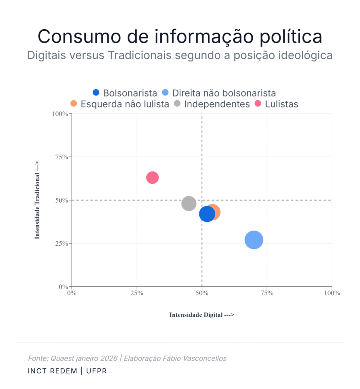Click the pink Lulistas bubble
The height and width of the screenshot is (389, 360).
click(152, 177)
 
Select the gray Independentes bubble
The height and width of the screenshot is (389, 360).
click(189, 203)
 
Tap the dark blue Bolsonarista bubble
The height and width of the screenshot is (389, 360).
click(207, 214)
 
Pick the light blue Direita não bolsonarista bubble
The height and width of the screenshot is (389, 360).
click(254, 240)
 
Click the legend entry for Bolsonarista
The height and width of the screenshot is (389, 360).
click(125, 93)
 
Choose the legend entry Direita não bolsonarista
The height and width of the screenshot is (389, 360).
click(219, 93)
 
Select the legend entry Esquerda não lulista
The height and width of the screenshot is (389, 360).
click(120, 104)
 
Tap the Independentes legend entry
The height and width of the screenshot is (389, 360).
click(212, 104)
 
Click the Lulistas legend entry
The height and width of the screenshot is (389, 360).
click(277, 104)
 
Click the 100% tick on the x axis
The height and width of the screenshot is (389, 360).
click(332, 293)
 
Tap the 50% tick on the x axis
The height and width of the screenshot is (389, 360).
click(202, 293)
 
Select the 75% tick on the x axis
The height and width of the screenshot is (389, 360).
click(267, 293)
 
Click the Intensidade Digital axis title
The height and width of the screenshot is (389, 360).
click(202, 315)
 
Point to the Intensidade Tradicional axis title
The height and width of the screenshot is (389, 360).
click(37, 200)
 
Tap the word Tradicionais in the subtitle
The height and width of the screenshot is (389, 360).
click(140, 55)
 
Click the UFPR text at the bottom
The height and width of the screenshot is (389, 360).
click(96, 371)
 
